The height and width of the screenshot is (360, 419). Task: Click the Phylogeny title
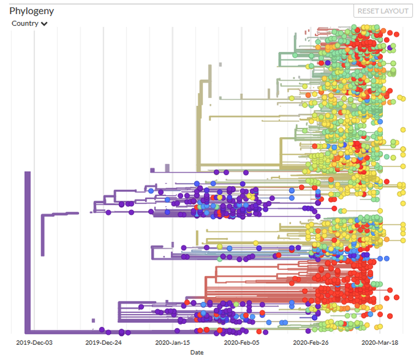point(31,10)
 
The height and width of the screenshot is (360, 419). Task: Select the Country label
point(25,24)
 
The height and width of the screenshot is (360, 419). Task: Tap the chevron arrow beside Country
point(45,24)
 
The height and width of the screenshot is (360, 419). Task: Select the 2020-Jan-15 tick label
point(172,343)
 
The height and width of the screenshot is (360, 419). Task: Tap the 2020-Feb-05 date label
point(241,343)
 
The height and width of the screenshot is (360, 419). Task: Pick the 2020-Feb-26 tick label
point(311,343)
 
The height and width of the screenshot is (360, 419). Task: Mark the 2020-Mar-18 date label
point(380,343)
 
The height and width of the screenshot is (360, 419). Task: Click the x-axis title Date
point(197,352)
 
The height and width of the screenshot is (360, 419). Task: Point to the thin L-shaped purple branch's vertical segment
point(42,241)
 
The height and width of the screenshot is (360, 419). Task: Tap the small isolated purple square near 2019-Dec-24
point(93,320)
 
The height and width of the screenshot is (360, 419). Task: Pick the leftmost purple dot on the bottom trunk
point(103,329)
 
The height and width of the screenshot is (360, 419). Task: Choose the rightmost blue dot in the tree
point(387,258)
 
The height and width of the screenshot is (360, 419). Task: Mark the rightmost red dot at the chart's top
point(396,34)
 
